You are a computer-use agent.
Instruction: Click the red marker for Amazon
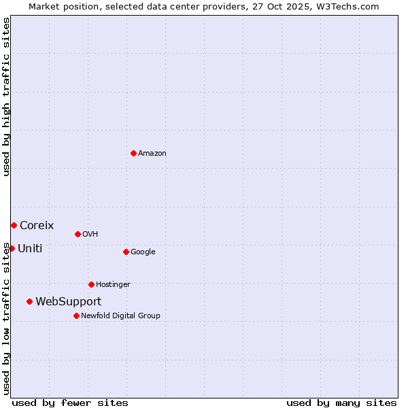(133, 153)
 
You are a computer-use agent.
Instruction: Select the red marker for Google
(126, 252)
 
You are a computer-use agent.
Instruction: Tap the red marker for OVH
(78, 234)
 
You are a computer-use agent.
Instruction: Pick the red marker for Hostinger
(91, 284)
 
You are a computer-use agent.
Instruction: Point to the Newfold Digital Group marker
(76, 316)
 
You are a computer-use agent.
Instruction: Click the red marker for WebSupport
(29, 301)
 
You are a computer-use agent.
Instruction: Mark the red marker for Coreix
(14, 225)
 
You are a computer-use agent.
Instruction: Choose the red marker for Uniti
(12, 248)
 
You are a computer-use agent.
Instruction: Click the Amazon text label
(152, 154)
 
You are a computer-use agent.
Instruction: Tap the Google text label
(143, 252)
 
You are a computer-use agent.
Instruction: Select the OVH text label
(90, 235)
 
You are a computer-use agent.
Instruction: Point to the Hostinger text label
(113, 285)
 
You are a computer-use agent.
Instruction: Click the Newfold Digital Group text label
(120, 316)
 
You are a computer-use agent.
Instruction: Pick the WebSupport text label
(68, 301)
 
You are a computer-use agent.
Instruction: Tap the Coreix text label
(37, 225)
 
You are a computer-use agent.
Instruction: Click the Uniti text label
(30, 248)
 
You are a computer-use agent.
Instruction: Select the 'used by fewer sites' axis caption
(70, 403)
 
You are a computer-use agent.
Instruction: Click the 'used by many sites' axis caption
(341, 403)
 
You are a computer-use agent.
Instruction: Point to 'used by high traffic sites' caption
(6, 97)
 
